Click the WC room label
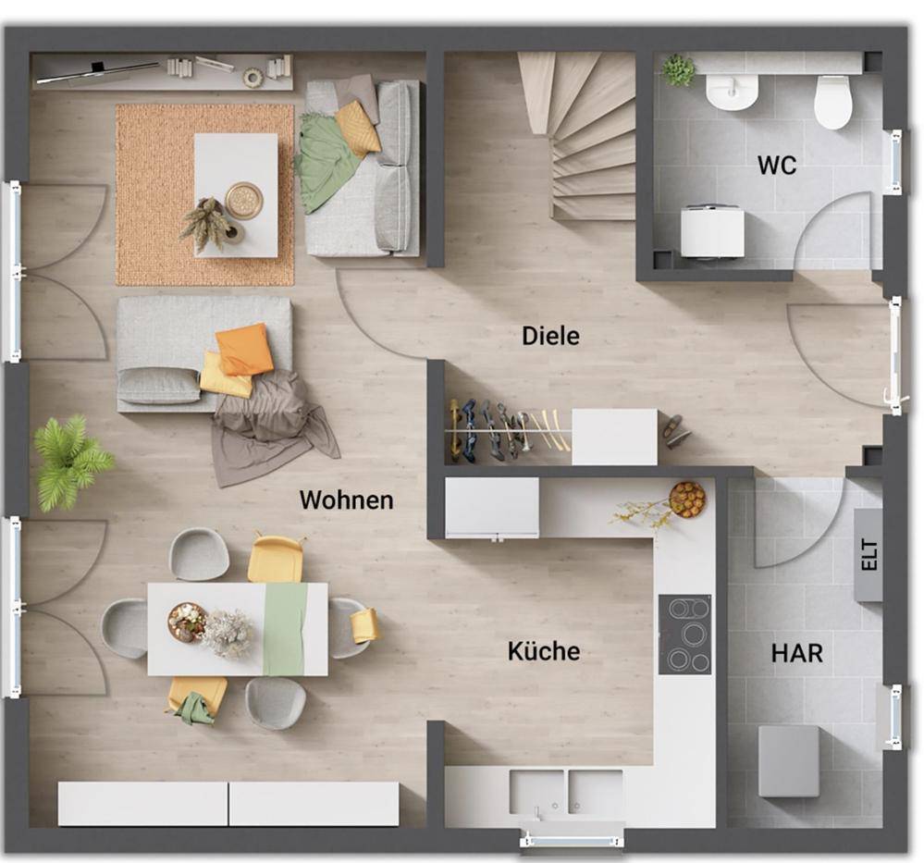777,165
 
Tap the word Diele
550,336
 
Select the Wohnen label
347,499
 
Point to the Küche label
543,651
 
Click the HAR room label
797,653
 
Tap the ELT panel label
869,555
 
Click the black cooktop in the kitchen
684,635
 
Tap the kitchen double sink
566,791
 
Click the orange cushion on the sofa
244,349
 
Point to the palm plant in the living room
70,460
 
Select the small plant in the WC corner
678,69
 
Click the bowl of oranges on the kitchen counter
687,499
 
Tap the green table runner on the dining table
285,629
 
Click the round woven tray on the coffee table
243,199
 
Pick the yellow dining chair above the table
276,558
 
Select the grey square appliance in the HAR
788,761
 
